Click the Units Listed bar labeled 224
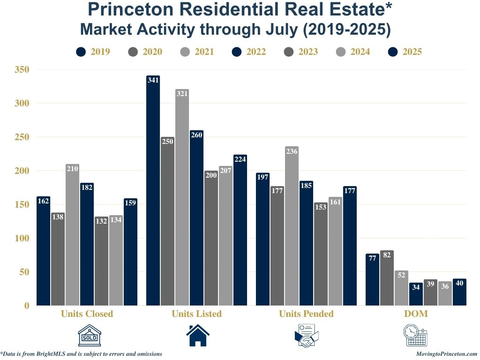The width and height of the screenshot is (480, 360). (240, 230)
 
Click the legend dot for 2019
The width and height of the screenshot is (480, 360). (81, 52)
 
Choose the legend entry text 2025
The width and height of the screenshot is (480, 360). (412, 52)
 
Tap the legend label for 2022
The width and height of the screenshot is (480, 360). (256, 52)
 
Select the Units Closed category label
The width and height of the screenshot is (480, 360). (87, 314)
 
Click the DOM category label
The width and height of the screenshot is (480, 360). (416, 314)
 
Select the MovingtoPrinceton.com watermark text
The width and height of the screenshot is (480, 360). (447, 354)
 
